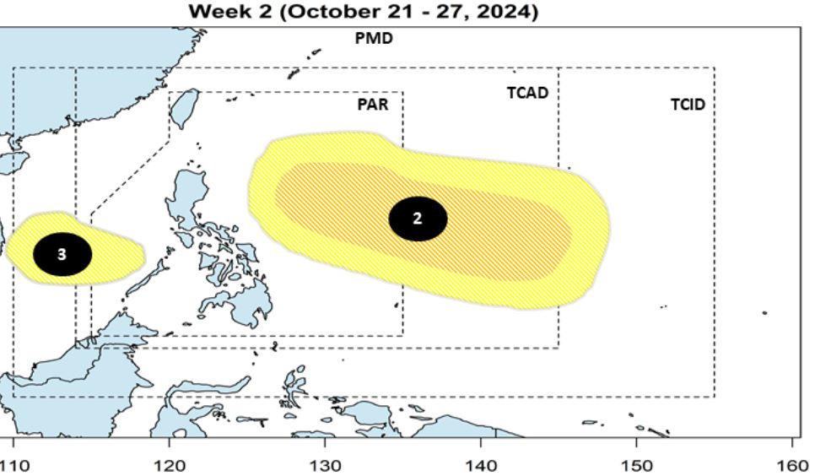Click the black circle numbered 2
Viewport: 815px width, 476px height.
point(418,219)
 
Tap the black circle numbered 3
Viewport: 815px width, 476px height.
point(62,253)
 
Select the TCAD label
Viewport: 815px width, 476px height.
point(527,93)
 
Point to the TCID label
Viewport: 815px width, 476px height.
point(688,105)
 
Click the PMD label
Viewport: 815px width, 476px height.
point(375,39)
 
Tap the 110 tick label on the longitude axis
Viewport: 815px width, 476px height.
point(13,464)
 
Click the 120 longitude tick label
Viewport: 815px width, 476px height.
point(169,464)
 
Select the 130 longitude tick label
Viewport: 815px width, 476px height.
point(325,464)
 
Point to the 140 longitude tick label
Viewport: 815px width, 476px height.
point(481,464)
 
